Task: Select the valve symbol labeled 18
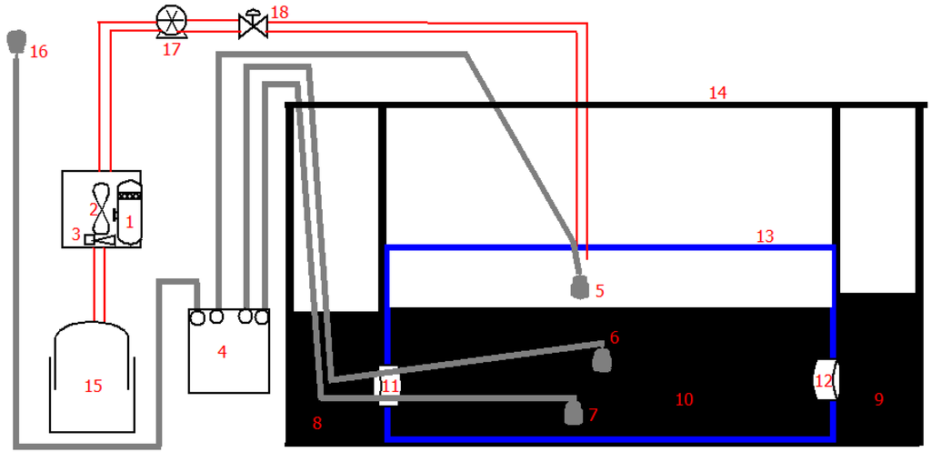252,25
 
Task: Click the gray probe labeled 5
579,288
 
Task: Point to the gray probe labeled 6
601,359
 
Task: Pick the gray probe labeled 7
574,413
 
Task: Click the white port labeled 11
388,385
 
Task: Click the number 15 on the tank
93,386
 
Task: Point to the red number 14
718,92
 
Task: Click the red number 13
765,236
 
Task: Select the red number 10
684,399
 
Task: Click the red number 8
316,422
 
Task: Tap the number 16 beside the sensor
38,52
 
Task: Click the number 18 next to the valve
279,12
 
